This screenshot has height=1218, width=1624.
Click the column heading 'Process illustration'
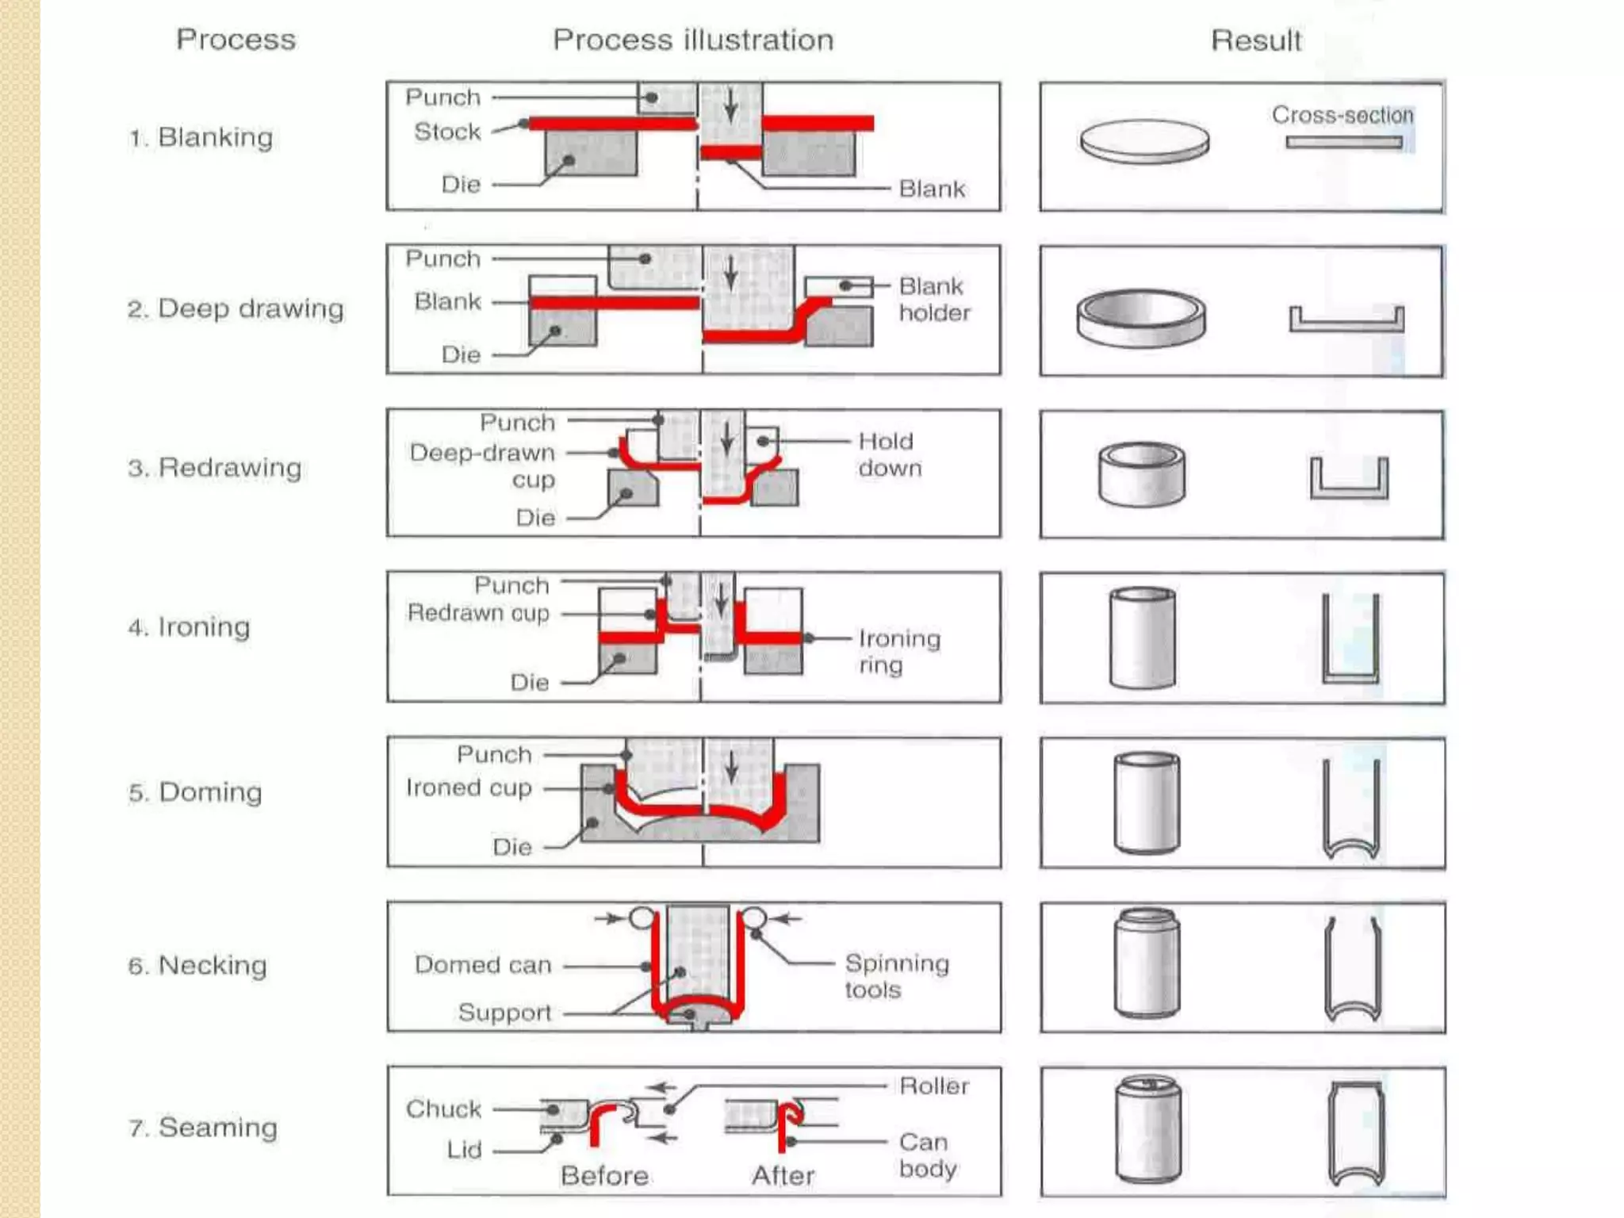[693, 40]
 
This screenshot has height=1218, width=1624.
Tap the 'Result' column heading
[1256, 40]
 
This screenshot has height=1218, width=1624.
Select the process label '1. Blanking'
[201, 137]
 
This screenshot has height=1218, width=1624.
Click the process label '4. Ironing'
[190, 627]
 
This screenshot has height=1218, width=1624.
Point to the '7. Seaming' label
[203, 1127]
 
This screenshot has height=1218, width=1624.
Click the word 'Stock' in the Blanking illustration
[447, 132]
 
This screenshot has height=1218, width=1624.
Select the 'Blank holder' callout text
[933, 299]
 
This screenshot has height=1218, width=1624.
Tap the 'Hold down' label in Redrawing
[889, 454]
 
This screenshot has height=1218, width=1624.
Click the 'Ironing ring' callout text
[898, 651]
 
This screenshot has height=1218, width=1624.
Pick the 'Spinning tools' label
[896, 976]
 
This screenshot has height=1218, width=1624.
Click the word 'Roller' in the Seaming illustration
[934, 1086]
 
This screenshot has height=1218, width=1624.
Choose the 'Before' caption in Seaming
[604, 1175]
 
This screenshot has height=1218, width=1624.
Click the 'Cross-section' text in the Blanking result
[1342, 115]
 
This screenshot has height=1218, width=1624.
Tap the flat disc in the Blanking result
[1144, 142]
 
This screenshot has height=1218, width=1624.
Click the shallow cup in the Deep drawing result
[1141, 318]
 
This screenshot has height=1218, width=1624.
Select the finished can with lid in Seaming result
[1147, 1129]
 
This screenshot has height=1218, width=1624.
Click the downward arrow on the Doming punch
[731, 768]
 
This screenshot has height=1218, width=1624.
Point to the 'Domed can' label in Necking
[482, 965]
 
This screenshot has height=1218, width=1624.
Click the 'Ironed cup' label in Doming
[469, 787]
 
